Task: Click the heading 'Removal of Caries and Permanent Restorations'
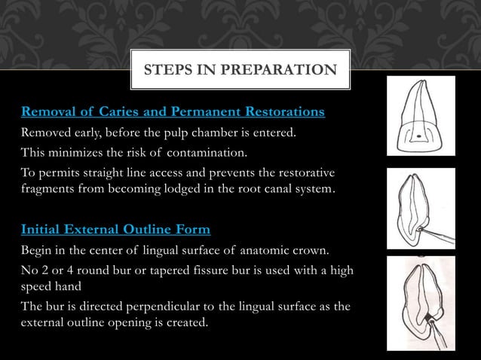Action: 173,113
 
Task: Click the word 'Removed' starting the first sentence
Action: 47,134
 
